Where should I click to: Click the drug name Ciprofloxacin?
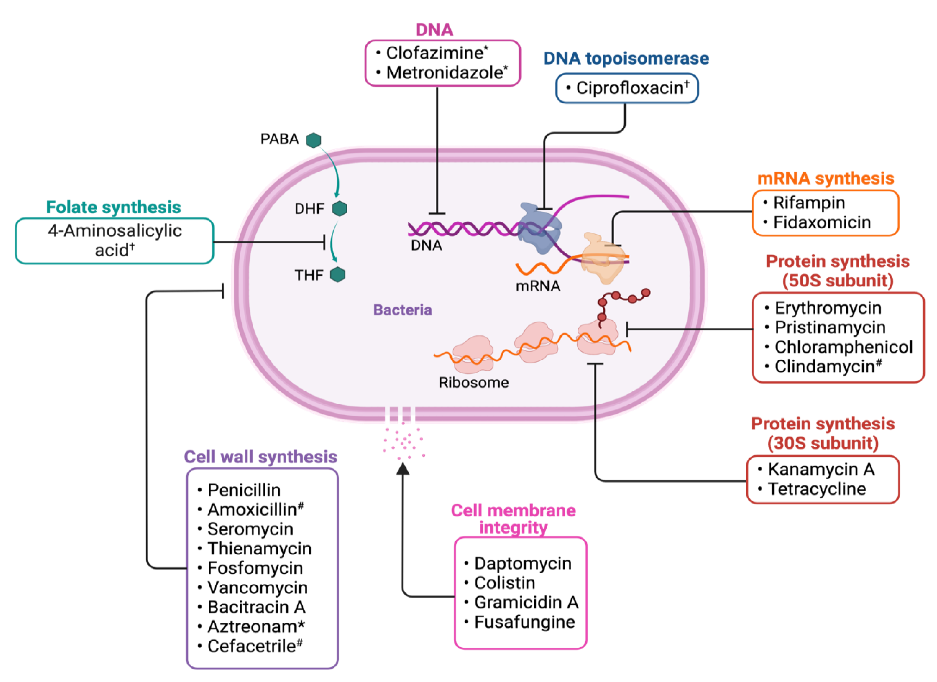coord(629,88)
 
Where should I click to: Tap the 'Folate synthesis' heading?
coord(114,207)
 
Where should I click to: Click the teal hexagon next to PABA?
coord(314,140)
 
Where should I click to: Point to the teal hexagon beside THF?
coord(338,275)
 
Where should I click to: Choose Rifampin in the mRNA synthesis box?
coord(809,203)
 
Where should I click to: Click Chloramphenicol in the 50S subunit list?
coord(844,347)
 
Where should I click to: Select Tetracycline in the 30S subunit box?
coord(817,489)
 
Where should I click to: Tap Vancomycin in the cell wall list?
coord(257,588)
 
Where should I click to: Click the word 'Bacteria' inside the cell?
coord(403,310)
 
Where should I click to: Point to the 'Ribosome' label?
coord(473,383)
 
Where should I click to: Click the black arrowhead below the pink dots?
coord(403,468)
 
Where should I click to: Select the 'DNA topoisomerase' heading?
coord(626,59)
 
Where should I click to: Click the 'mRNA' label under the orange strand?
coord(538,286)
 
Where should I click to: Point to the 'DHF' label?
coord(309,209)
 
